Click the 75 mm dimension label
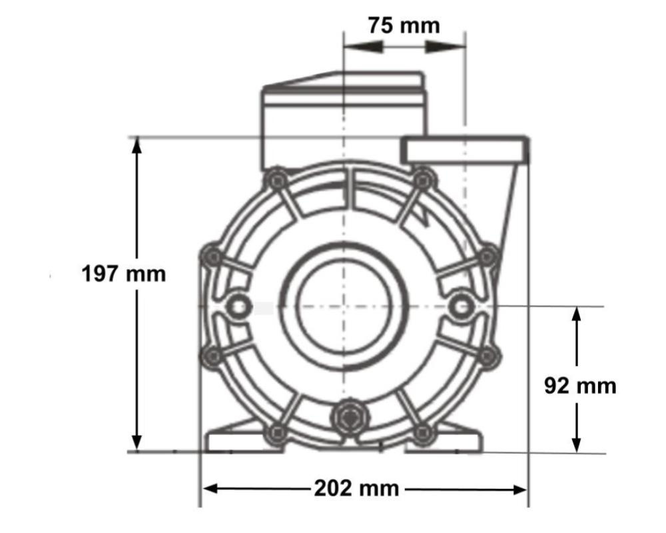(404, 25)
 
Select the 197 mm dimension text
(123, 273)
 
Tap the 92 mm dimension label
(579, 386)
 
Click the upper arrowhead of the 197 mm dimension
(137, 145)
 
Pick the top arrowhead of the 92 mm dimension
(577, 316)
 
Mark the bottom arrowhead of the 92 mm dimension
(577, 444)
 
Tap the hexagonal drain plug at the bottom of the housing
(349, 418)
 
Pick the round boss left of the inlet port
(236, 306)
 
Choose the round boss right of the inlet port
(460, 306)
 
